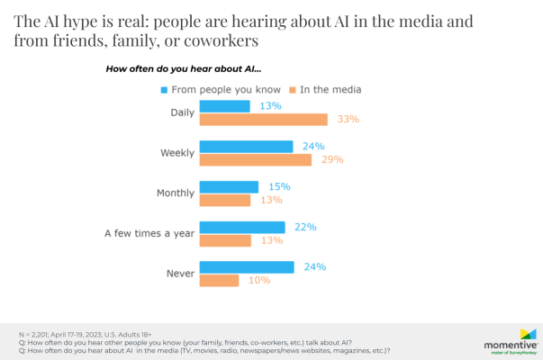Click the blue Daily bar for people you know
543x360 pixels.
click(224, 106)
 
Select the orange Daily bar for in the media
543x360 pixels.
click(263, 120)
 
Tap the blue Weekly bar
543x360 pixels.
click(246, 147)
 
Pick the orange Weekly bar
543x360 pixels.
click(256, 160)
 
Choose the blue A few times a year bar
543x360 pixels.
click(242, 228)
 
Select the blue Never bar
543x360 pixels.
click(246, 267)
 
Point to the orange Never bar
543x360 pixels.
click(219, 281)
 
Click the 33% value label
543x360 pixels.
click(347, 120)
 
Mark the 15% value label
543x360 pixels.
click(279, 186)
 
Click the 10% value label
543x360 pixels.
click(258, 281)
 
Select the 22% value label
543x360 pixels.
click(304, 228)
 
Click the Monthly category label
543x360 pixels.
click(175, 193)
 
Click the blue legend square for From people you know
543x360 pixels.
click(165, 89)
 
